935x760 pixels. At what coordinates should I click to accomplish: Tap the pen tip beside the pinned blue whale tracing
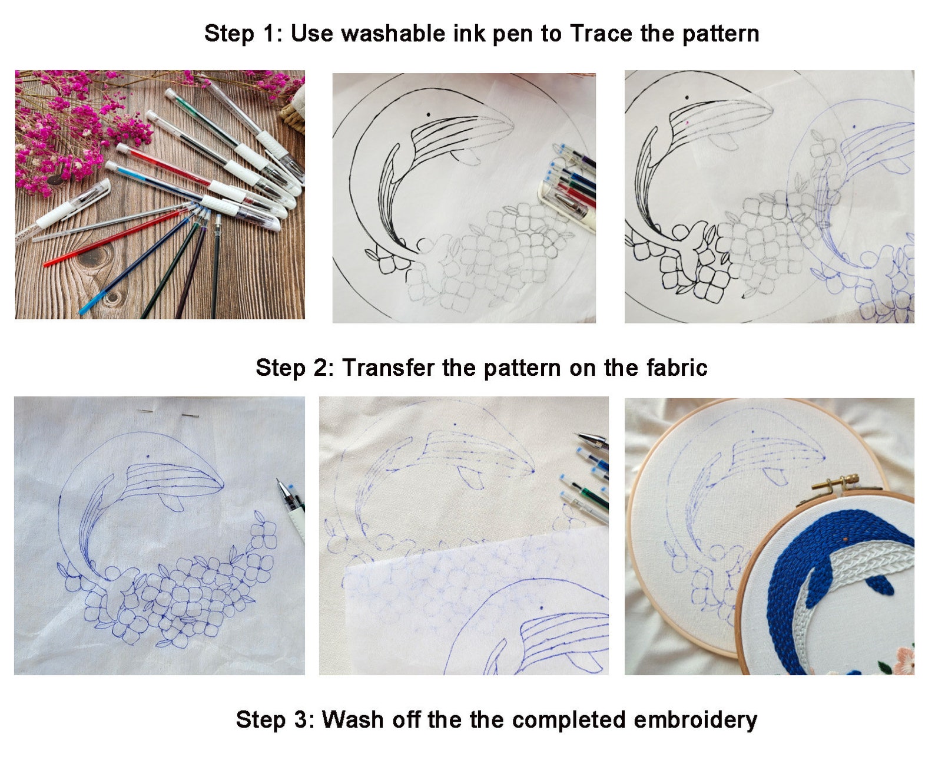point(281,484)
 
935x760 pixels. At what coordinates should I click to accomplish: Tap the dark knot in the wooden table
point(94,256)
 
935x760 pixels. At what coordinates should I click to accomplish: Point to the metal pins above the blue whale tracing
point(168,414)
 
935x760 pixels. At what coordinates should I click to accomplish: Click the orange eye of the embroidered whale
point(845,539)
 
